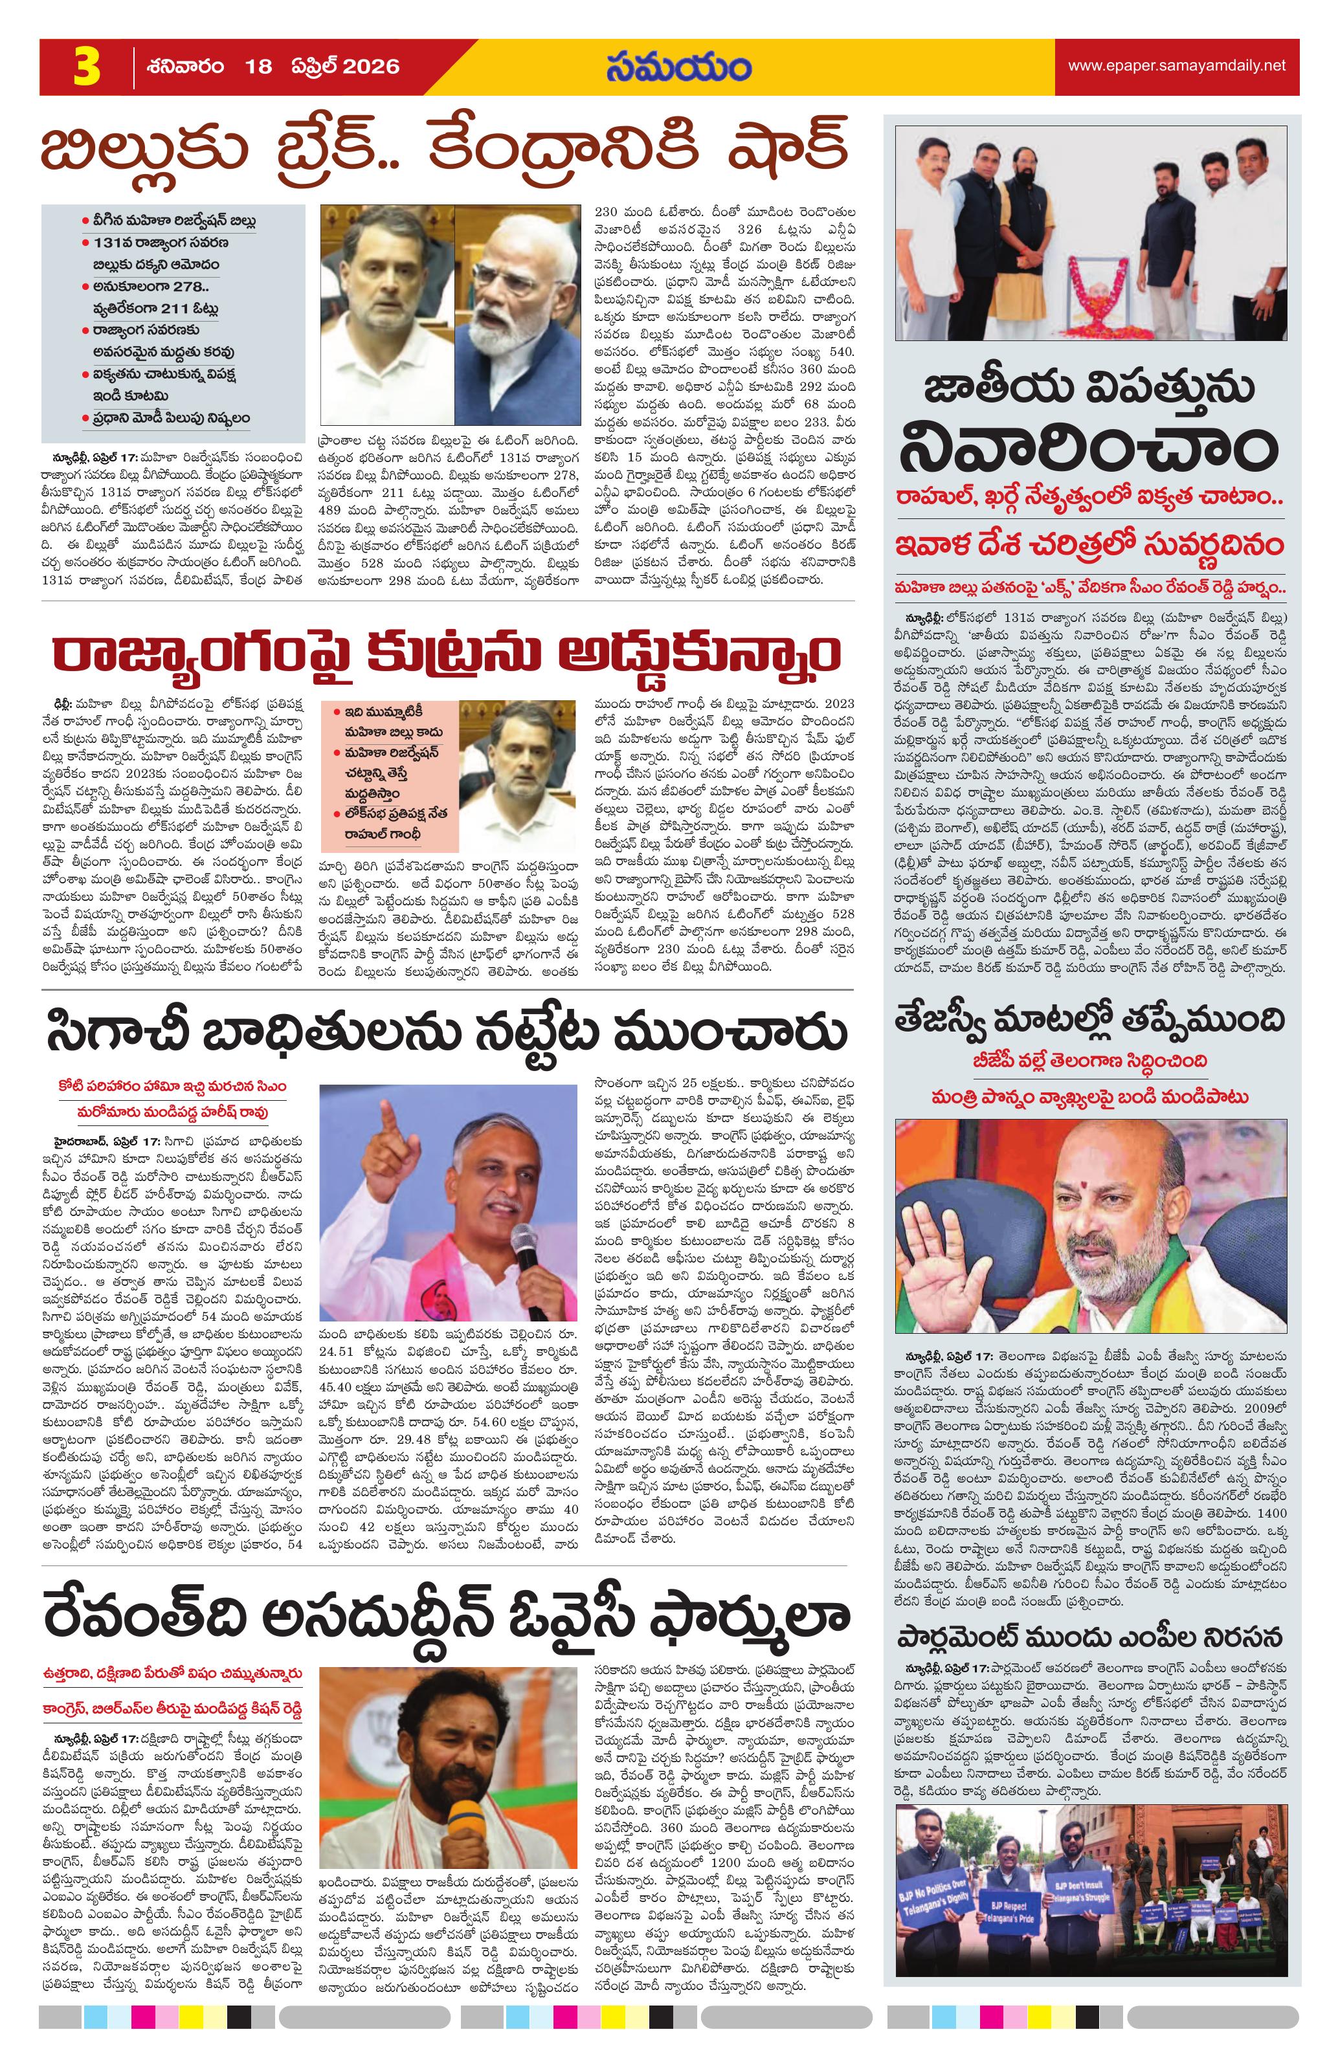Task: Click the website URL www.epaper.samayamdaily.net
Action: pyautogui.click(x=1176, y=65)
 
